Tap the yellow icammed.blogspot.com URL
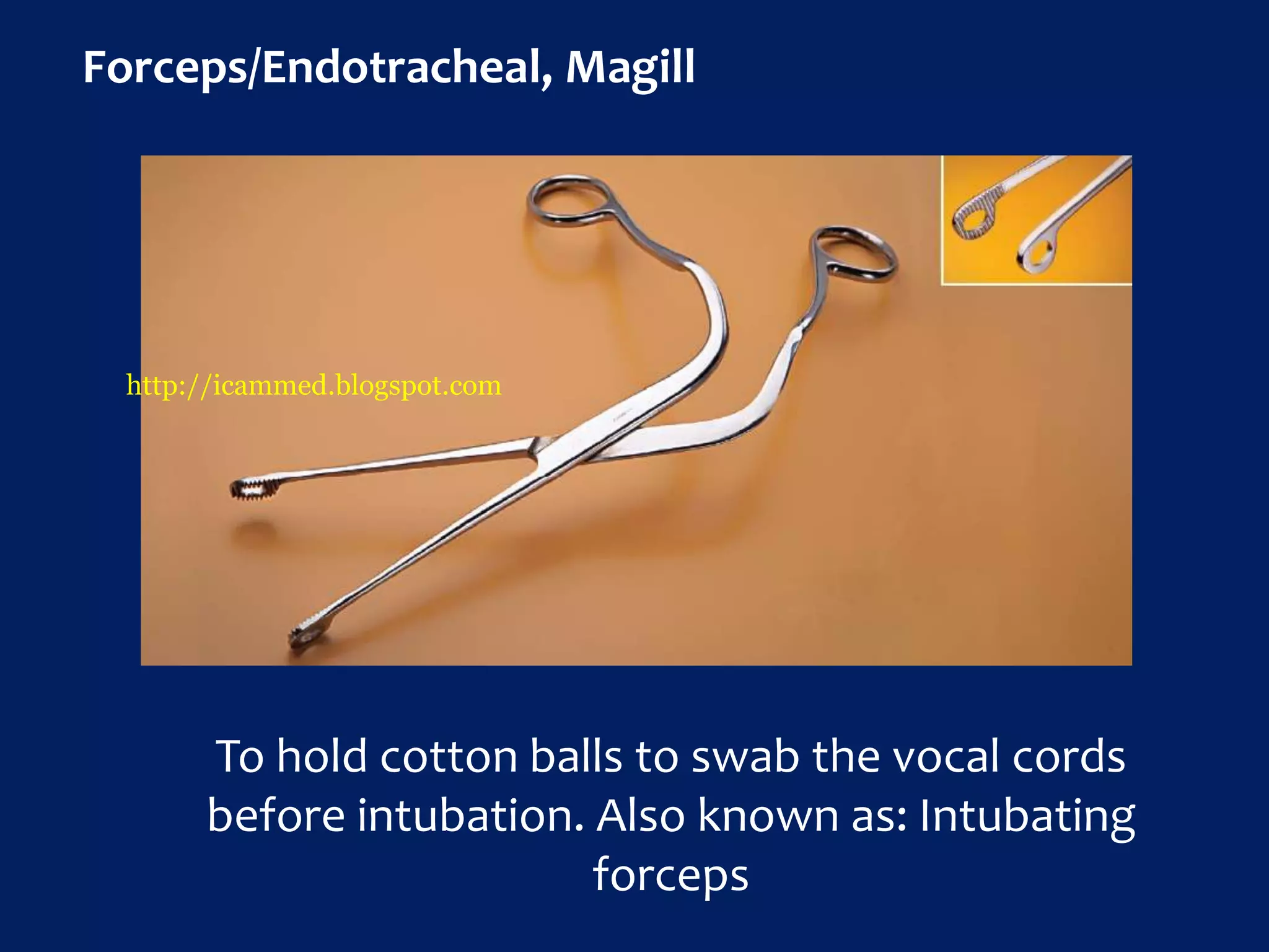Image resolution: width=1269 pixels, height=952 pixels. [x=314, y=386]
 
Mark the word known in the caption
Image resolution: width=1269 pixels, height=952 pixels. [x=768, y=816]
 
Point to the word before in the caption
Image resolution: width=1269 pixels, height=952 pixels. [x=276, y=816]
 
